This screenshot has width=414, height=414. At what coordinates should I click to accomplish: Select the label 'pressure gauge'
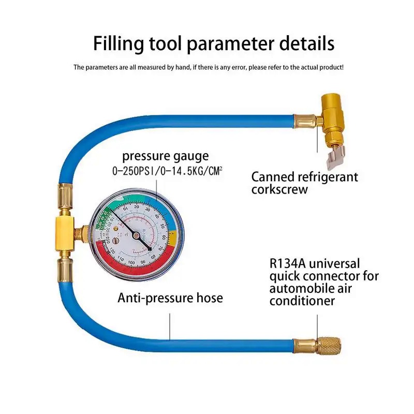[x=165, y=156]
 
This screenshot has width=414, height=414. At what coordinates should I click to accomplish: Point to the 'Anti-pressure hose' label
[x=170, y=298]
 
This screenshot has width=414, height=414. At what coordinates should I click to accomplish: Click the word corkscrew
[x=279, y=189]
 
